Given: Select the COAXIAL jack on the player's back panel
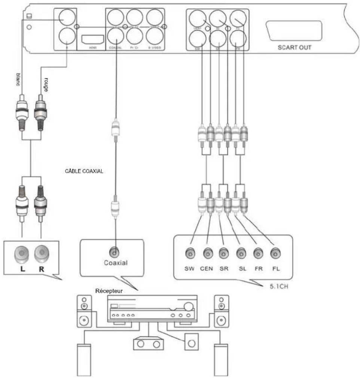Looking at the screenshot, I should pos(116,36).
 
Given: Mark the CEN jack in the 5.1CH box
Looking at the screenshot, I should pos(207,254).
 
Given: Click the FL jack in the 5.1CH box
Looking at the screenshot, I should pos(275,254).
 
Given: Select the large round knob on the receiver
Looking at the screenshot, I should pos(189,307).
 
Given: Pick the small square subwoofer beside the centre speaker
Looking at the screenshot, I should pos(191,342).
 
